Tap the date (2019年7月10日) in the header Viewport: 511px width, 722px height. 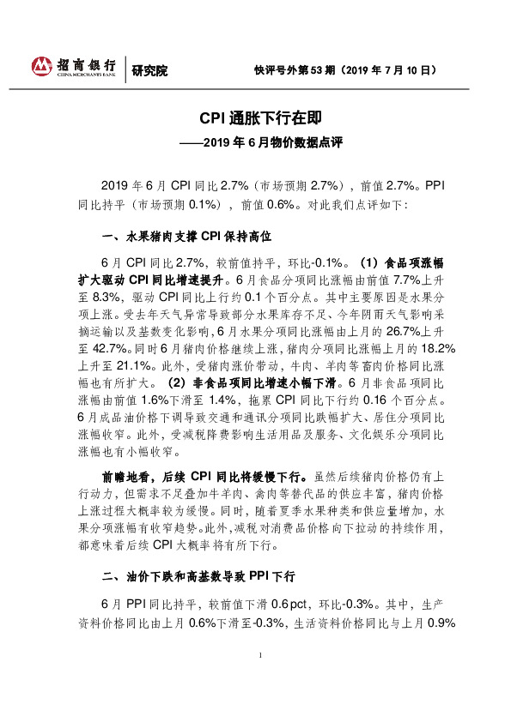393,68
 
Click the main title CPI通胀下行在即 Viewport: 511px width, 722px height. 254,116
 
